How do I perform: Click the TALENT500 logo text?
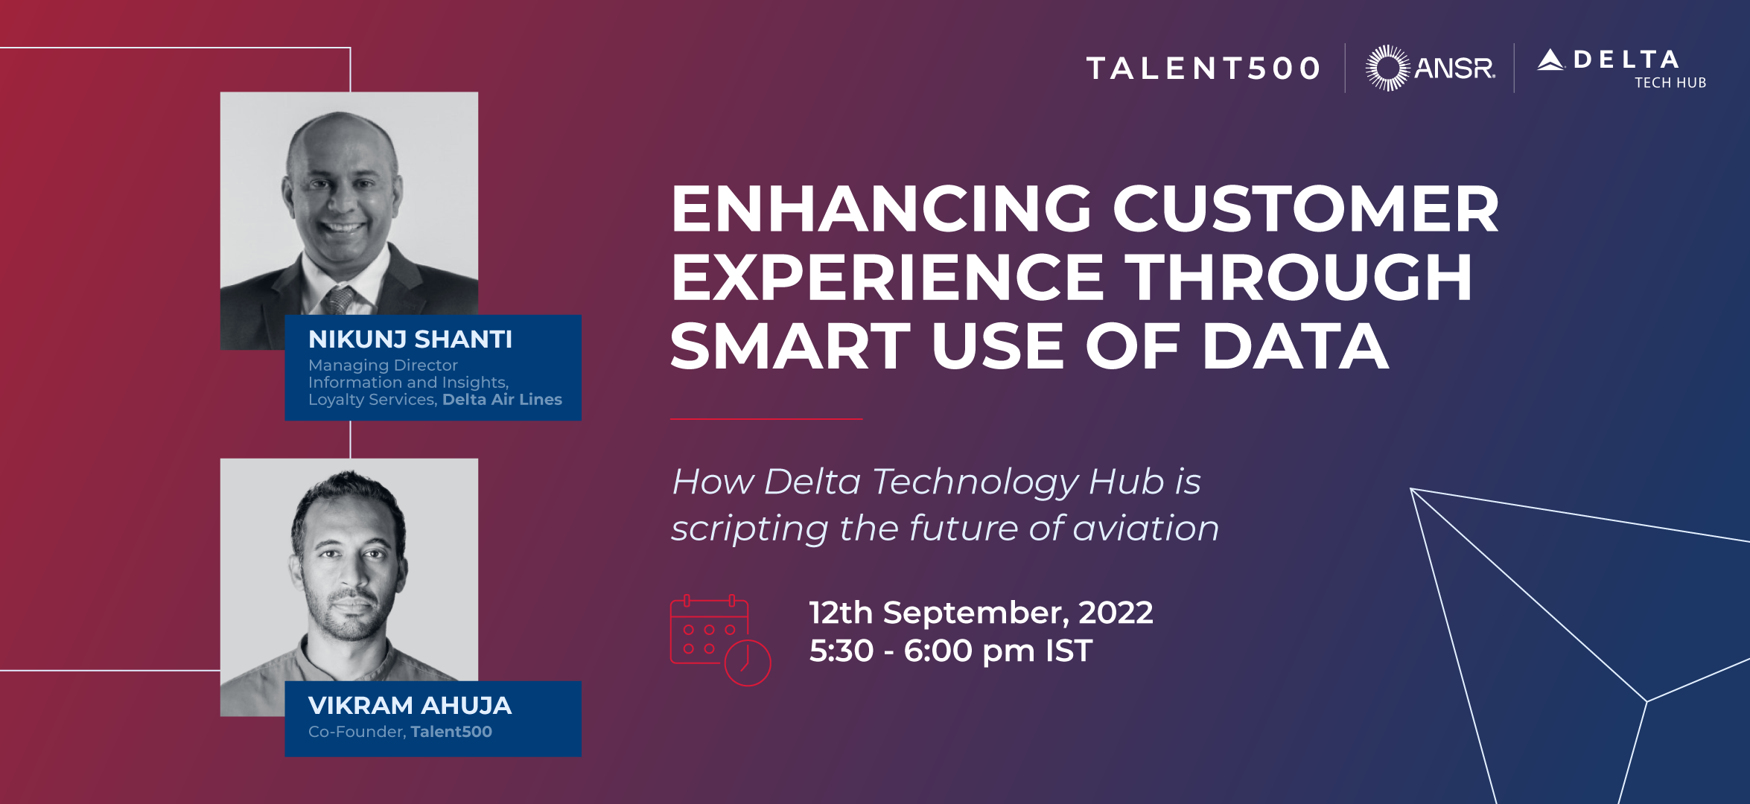click(x=1203, y=68)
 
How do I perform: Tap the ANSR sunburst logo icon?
click(x=1387, y=68)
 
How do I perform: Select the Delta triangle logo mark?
click(x=1550, y=60)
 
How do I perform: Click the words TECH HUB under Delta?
click(x=1670, y=83)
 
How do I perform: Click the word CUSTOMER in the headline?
click(x=1305, y=209)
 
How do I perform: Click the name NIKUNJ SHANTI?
click(x=410, y=339)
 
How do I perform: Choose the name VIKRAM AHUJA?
click(x=410, y=705)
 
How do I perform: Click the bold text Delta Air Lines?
click(x=502, y=400)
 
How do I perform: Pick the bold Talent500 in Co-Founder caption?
click(x=451, y=732)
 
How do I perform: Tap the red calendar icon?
click(x=720, y=640)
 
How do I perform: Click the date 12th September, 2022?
click(x=981, y=613)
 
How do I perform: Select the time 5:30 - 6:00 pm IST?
click(x=951, y=651)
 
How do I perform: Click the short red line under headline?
click(x=766, y=419)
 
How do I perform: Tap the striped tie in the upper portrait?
click(x=340, y=301)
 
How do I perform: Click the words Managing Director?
click(x=383, y=366)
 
